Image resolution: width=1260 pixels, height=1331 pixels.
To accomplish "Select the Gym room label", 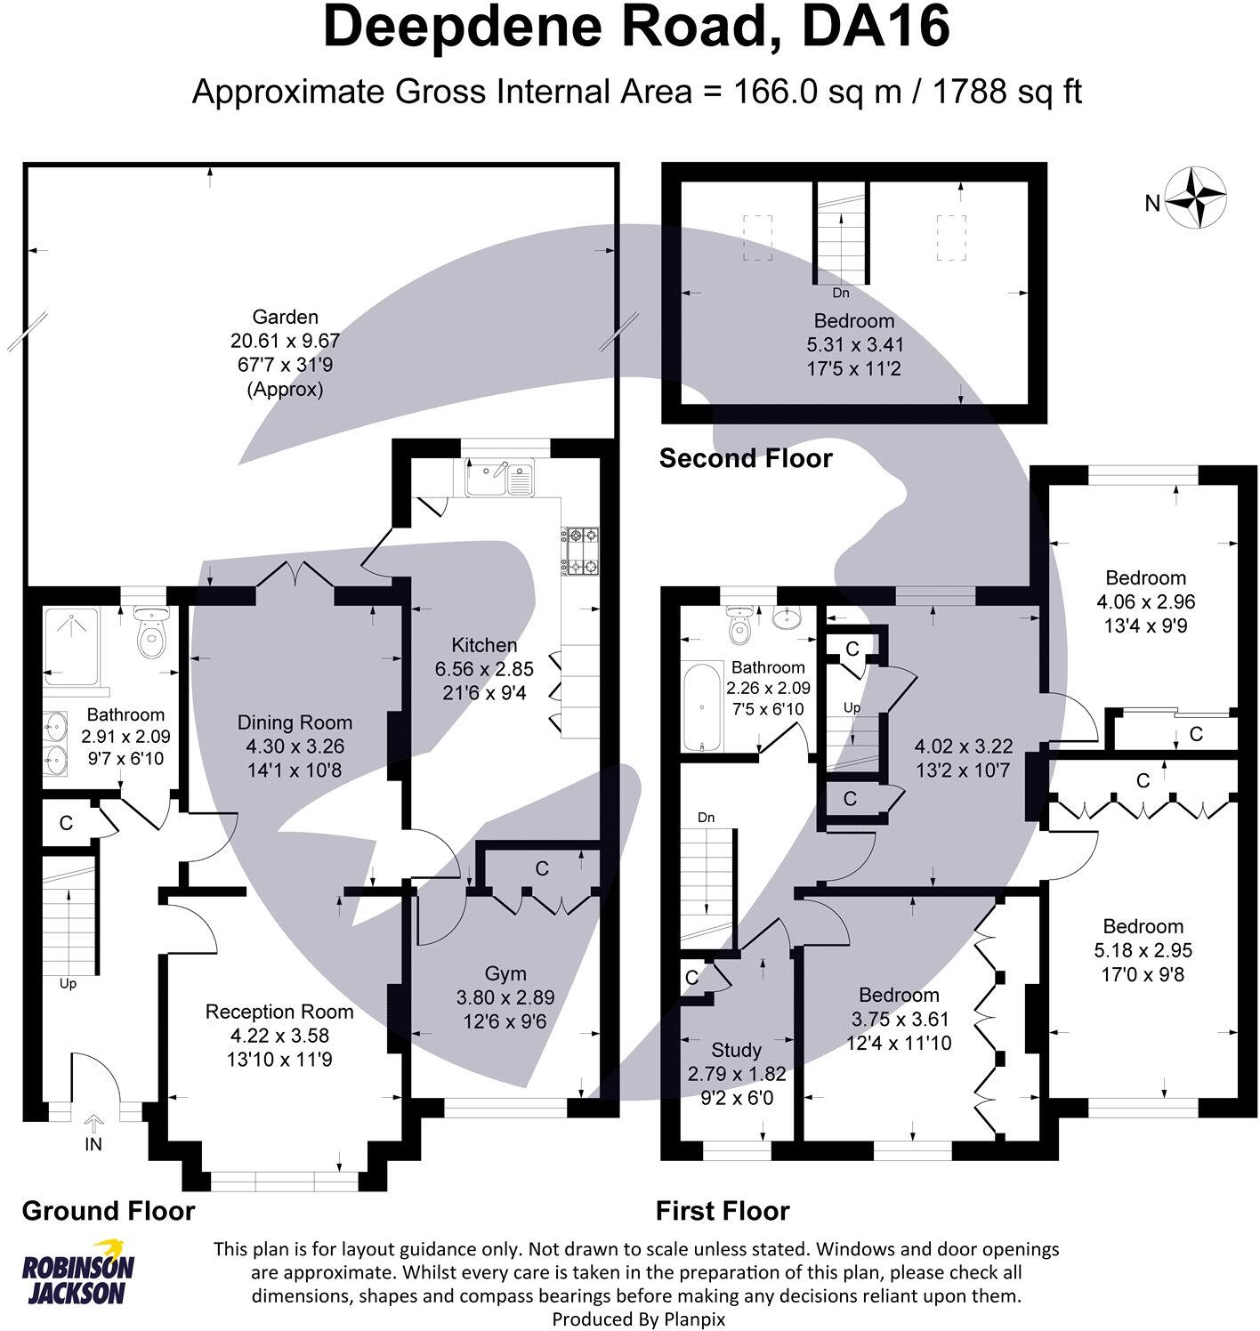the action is [x=505, y=973].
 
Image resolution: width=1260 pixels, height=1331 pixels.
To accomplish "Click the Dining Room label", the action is [x=295, y=722].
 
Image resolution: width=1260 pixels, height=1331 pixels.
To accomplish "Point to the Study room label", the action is [x=736, y=1050].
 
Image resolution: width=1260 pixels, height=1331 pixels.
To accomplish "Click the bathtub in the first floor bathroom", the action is [x=701, y=706].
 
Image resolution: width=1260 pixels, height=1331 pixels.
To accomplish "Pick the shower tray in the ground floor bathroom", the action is [x=71, y=647].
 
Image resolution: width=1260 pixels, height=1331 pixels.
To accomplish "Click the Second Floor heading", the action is [x=746, y=458].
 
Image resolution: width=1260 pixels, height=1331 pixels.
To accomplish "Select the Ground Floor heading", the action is [x=109, y=1211].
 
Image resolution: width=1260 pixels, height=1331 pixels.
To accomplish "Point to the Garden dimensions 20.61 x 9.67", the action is [x=285, y=341].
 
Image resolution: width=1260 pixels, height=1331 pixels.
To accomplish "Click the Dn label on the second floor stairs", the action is [x=840, y=293].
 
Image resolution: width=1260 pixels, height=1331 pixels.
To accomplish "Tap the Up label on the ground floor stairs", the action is [x=68, y=984].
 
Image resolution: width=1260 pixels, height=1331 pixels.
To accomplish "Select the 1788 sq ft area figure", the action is [x=1007, y=92].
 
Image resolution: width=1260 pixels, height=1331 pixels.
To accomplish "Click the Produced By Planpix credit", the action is [x=639, y=1319].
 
